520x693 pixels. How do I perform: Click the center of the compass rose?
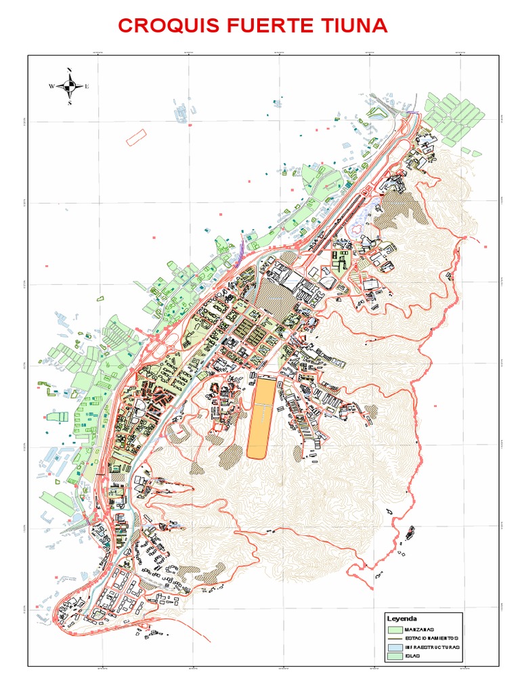[x=69, y=86]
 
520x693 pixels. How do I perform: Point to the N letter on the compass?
[x=69, y=71]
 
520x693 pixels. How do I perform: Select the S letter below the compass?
[x=69, y=103]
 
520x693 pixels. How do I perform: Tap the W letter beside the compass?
[x=51, y=87]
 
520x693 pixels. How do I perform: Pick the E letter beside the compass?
[x=87, y=87]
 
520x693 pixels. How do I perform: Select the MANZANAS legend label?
[x=420, y=629]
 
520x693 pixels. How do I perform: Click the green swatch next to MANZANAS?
[x=395, y=629]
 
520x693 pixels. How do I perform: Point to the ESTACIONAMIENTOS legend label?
[x=431, y=639]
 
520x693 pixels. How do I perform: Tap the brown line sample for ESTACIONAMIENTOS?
[x=395, y=639]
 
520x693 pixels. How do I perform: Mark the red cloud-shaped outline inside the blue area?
[x=357, y=229]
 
